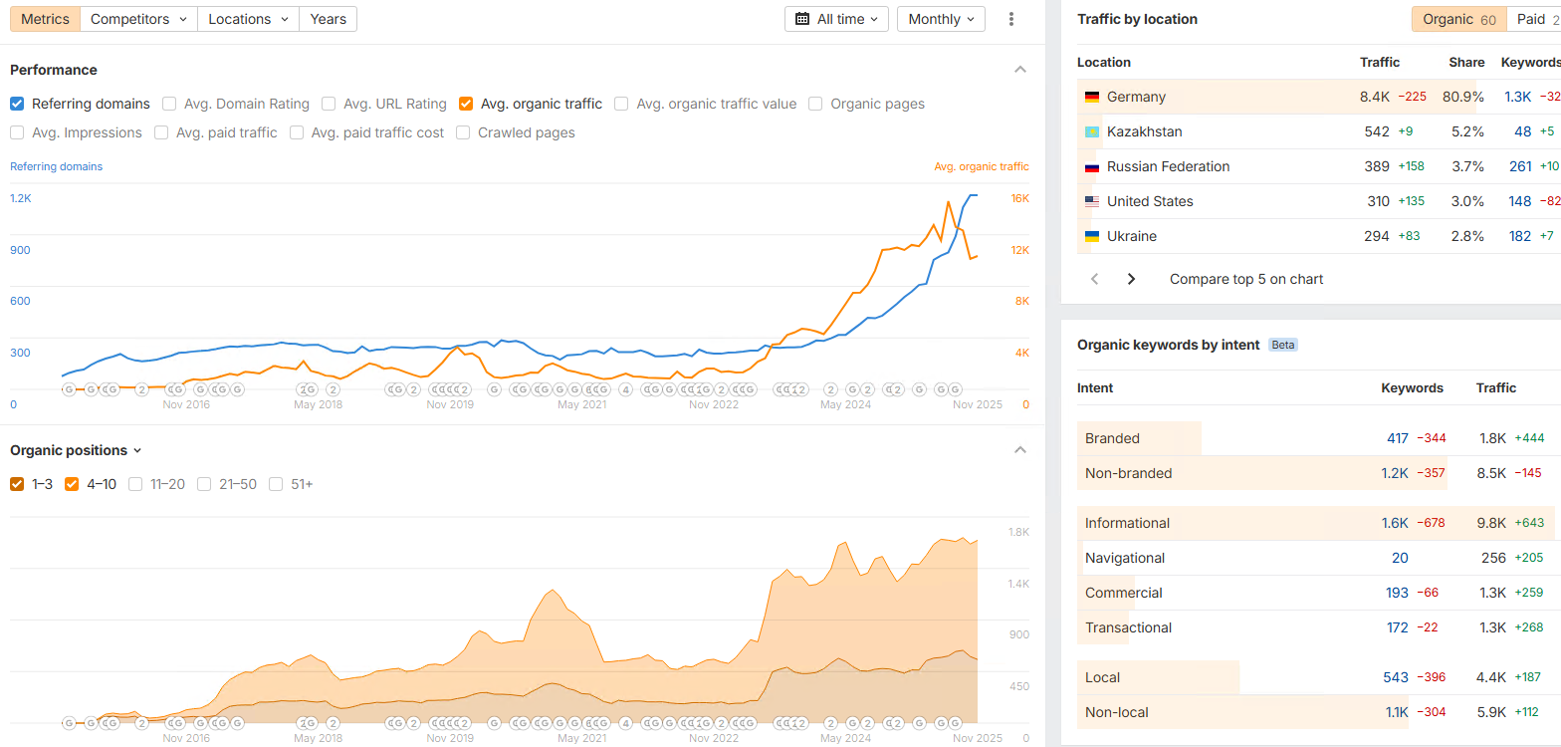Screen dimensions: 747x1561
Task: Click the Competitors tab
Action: [x=138, y=19]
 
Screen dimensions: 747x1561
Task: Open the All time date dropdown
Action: [x=837, y=19]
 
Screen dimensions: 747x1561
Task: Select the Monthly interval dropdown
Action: [x=941, y=19]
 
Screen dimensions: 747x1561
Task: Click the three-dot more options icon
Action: [x=1011, y=19]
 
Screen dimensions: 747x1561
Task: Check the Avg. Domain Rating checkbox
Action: [x=169, y=104]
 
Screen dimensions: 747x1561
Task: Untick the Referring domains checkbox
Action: [x=17, y=104]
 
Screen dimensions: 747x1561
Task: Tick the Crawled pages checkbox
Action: [x=463, y=132]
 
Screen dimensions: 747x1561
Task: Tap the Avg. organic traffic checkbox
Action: [x=466, y=104]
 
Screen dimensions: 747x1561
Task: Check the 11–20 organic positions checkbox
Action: [x=135, y=484]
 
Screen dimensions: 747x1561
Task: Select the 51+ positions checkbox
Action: [x=276, y=484]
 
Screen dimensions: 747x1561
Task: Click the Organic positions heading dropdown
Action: [x=76, y=450]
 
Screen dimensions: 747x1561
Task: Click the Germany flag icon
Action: [x=1092, y=97]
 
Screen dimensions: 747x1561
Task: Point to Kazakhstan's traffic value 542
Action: [x=1377, y=131]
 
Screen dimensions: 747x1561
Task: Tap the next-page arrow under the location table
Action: [x=1131, y=279]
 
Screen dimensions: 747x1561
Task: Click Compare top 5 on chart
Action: [x=1246, y=279]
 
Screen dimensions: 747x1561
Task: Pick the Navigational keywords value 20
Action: [x=1400, y=558]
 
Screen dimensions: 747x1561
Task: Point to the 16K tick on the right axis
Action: [x=1019, y=198]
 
